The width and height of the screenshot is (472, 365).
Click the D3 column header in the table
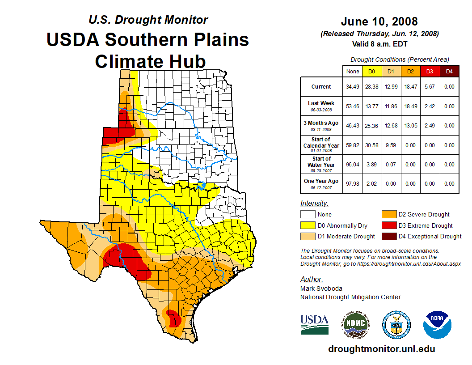pos(430,71)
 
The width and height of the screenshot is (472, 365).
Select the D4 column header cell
pos(449,71)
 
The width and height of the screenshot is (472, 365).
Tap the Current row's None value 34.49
pos(353,87)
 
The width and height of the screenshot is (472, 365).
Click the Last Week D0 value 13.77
pos(372,106)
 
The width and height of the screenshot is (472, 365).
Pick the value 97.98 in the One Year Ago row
pos(353,184)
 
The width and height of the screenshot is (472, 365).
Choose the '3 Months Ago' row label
pos(321,125)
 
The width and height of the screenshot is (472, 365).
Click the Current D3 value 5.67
pos(430,87)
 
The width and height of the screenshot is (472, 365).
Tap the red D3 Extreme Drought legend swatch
pos(388,225)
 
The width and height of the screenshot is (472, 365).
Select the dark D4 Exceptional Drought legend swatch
pos(388,236)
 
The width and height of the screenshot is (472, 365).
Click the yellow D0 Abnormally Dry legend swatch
pos(308,225)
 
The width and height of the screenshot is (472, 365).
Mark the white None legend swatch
pos(308,215)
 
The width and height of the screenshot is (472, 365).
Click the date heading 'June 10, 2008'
pos(379,21)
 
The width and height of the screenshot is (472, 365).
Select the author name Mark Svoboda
pos(321,289)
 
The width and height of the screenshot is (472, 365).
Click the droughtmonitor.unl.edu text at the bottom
pos(381,349)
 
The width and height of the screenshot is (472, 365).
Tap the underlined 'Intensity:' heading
pos(314,204)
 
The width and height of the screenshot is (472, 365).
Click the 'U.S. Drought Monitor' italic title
pos(148,20)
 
